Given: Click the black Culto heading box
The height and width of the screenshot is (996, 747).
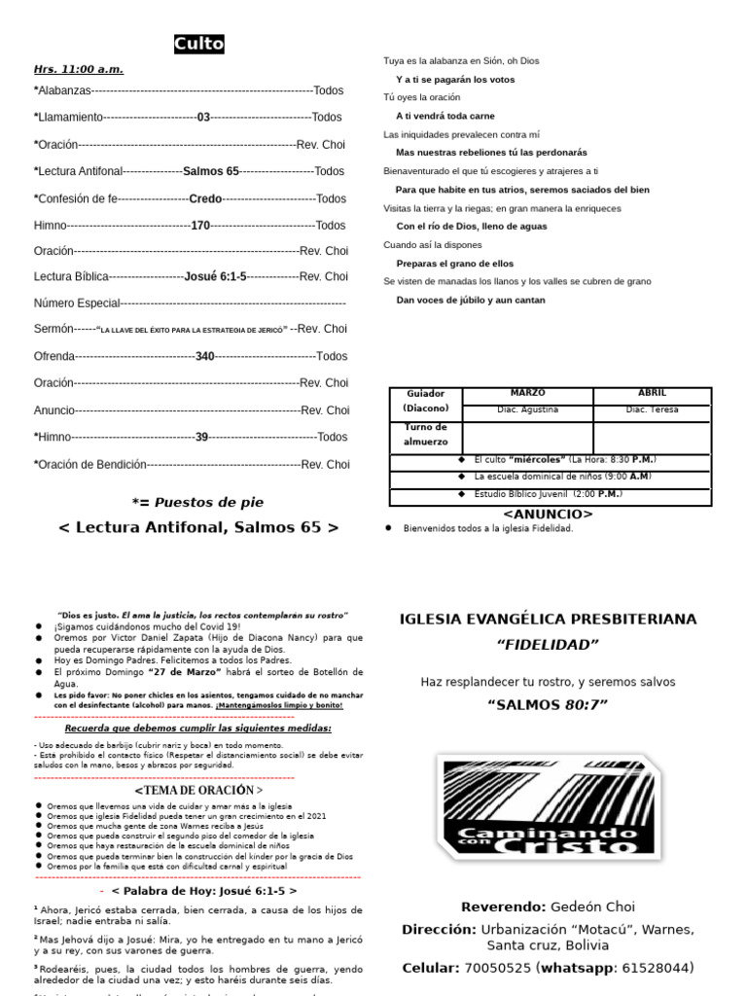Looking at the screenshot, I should (x=199, y=44).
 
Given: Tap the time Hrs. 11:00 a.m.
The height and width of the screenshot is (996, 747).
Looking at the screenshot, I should (x=79, y=69).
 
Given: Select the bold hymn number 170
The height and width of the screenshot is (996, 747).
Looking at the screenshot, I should (x=200, y=226).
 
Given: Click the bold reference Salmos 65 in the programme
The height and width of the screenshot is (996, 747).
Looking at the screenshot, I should (x=211, y=171).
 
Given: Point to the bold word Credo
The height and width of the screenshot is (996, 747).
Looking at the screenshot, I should (x=205, y=198).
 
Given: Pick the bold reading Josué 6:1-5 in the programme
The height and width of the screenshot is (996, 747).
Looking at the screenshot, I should (x=215, y=276).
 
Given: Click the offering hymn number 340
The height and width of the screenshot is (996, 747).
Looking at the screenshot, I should (x=204, y=357).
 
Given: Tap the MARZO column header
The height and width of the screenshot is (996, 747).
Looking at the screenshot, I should (x=527, y=393).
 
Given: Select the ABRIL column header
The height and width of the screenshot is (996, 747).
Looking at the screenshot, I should (x=652, y=393).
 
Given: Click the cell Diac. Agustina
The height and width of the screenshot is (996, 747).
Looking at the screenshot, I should (x=527, y=409).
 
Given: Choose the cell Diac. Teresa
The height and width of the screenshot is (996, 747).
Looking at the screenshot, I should (x=652, y=409).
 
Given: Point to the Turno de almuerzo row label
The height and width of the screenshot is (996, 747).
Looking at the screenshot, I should (x=426, y=435).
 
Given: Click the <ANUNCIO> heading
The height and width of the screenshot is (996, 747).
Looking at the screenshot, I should (x=548, y=514).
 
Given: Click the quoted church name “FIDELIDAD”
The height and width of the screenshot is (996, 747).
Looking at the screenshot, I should (x=548, y=644).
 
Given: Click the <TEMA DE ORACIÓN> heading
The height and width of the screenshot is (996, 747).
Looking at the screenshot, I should (x=198, y=790).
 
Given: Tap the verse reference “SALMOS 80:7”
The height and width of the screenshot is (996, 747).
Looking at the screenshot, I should (x=548, y=704).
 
